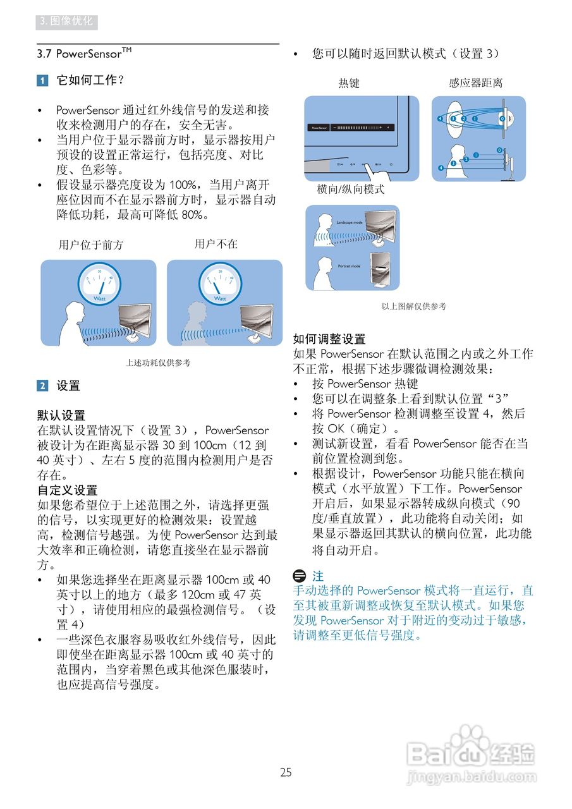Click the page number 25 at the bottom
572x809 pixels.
coord(286,772)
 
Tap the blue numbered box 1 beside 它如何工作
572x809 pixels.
coord(42,80)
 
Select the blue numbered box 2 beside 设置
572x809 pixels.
coord(42,386)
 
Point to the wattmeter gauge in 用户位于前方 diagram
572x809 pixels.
coord(99,282)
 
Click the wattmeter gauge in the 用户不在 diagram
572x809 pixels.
coord(219,282)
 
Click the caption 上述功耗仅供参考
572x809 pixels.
coord(158,363)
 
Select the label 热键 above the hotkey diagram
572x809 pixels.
coord(348,83)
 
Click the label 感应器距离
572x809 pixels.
coord(475,83)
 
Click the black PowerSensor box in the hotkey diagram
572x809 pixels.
coord(318,127)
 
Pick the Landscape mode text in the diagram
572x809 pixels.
coord(349,222)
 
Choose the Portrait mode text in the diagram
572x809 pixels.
coord(349,266)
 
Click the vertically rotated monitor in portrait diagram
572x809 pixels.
coord(381,269)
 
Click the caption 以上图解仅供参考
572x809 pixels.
coord(413,306)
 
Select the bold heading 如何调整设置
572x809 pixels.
coord(329,339)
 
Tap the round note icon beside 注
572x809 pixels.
coord(300,576)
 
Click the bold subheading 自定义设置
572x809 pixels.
coord(68,490)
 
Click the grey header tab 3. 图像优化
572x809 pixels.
coord(66,21)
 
